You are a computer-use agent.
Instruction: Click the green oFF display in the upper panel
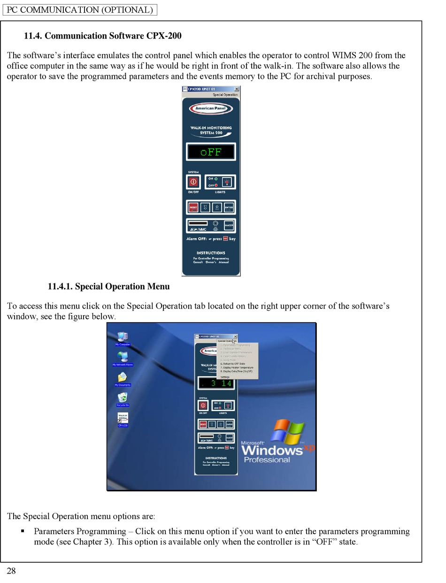[x=211, y=152]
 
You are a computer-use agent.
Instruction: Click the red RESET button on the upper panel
[x=193, y=207]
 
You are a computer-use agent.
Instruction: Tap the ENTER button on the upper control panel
[x=229, y=207]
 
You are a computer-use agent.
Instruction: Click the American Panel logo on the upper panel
[x=211, y=109]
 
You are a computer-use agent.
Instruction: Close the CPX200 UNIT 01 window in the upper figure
[x=236, y=89]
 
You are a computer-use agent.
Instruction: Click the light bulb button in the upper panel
[x=227, y=182]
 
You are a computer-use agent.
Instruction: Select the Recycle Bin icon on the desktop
[x=123, y=397]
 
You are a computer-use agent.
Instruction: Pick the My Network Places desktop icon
[x=123, y=357]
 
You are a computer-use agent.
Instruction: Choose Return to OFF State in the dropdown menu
[x=233, y=364]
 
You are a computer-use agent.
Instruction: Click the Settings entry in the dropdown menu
[x=225, y=377]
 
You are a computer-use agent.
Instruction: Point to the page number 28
[x=11, y=571]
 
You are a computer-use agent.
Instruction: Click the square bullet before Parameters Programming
[x=23, y=531]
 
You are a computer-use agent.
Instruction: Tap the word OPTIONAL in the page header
[x=127, y=10]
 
